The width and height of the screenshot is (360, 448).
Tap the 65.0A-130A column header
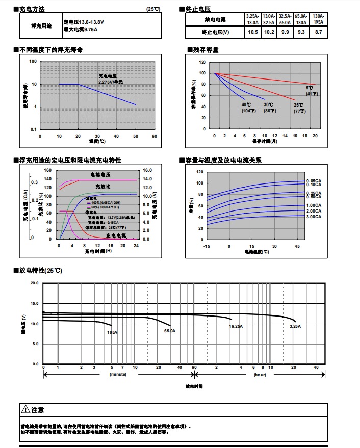coord(301,19)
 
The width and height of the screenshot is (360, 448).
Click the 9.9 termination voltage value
coord(285,32)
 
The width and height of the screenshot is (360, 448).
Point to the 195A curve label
coord(112,332)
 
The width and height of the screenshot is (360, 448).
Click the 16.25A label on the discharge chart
coord(236,326)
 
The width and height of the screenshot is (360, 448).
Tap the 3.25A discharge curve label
coord(295,326)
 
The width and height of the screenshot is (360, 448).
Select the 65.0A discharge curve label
coord(169,331)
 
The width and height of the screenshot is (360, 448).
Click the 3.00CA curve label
coord(314,217)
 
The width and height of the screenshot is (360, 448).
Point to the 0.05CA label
coord(314,181)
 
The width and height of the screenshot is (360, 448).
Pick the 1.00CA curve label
coord(314,205)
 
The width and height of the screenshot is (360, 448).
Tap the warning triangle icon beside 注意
coord(25,409)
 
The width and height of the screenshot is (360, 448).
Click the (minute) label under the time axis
coord(118,375)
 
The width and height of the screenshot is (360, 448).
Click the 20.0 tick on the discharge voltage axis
coord(35,283)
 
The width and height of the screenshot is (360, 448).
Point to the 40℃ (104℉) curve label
coord(247,107)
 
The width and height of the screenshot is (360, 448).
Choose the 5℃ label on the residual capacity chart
coord(310,88)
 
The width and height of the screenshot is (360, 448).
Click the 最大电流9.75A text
coord(81,30)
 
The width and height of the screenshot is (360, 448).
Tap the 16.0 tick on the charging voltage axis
coord(147,171)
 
